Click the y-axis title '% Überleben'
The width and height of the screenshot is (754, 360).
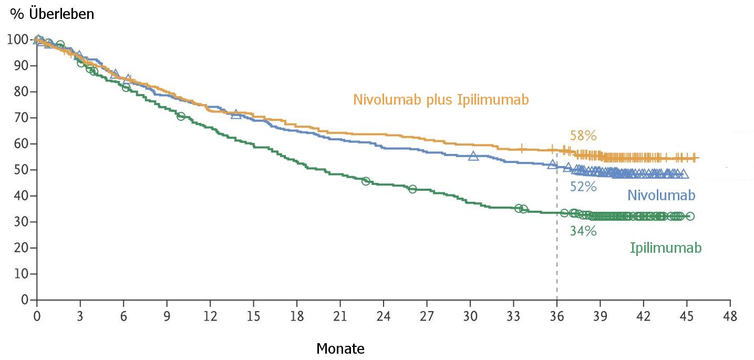(x=52, y=14)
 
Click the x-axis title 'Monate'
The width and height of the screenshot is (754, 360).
(x=340, y=348)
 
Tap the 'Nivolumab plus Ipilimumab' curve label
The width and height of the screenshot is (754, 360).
(x=441, y=100)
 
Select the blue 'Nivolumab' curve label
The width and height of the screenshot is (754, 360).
(x=661, y=196)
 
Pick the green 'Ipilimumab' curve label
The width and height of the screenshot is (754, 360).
(x=665, y=248)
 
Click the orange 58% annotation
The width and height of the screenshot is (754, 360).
(x=583, y=136)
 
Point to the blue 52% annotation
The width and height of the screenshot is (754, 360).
(x=583, y=187)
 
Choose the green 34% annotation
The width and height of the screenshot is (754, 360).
(x=583, y=231)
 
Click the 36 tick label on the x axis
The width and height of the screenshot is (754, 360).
(x=556, y=316)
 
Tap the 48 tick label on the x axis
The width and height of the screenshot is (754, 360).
(x=729, y=316)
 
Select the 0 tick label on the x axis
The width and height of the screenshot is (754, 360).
(x=37, y=316)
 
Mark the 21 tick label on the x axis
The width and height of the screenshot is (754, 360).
(x=340, y=316)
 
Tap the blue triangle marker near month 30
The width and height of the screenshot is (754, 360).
(x=473, y=156)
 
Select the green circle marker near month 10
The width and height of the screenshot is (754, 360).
(x=181, y=116)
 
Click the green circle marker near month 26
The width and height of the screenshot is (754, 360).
(x=412, y=189)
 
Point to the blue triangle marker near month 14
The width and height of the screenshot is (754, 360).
(x=236, y=114)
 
